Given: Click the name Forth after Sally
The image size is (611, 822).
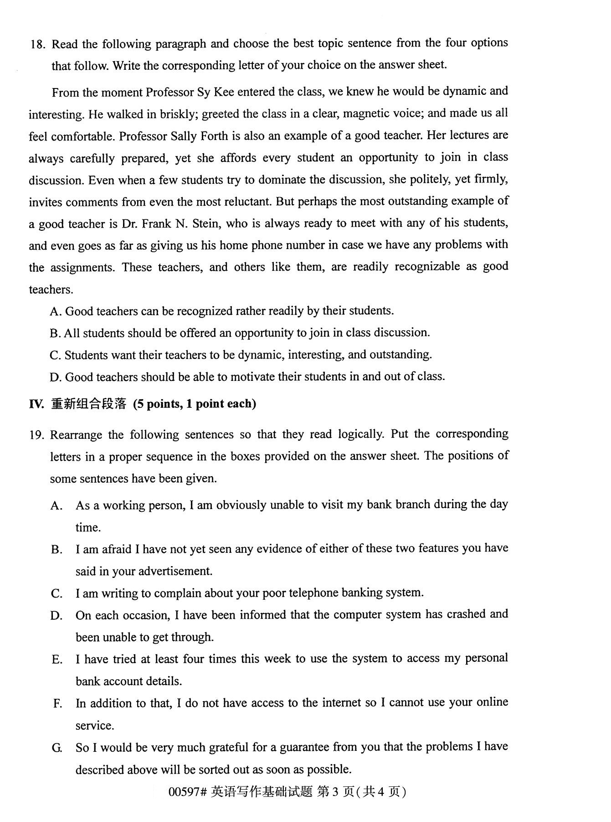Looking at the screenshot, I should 222,136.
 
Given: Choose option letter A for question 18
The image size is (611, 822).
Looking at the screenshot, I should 55,312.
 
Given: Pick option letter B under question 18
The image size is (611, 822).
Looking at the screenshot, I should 55,333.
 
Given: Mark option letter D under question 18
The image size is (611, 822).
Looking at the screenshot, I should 55,377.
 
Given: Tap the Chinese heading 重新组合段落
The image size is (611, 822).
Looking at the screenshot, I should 88,404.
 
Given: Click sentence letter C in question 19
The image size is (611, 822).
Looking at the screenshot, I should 56,593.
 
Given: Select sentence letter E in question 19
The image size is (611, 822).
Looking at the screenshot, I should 56,659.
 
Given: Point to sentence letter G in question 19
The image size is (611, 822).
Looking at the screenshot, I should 56,748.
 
